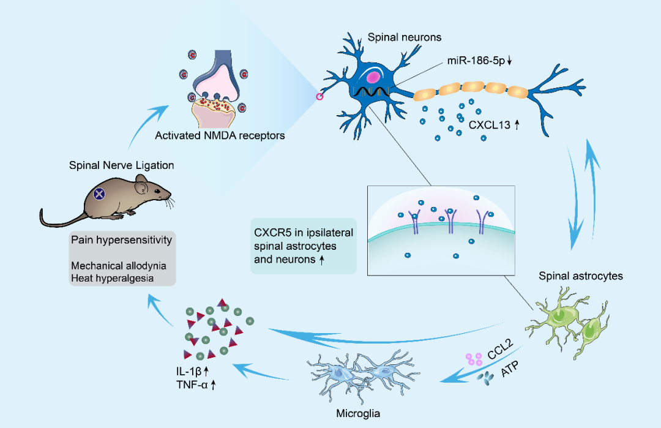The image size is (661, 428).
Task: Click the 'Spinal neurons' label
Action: tap(405, 38)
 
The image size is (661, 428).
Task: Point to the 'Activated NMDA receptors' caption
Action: tap(220, 136)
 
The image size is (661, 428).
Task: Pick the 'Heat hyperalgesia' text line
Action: tap(111, 278)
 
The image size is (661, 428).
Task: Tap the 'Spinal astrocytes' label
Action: tap(580, 276)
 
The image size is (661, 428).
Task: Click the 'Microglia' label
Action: tap(358, 413)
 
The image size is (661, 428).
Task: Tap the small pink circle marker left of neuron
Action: tap(319, 97)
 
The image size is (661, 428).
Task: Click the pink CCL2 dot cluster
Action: tap(474, 359)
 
